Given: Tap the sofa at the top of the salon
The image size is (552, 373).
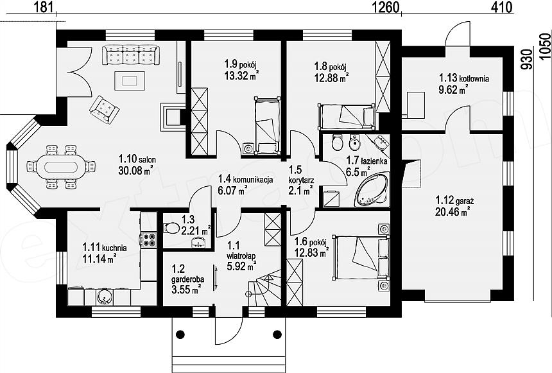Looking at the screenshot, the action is pyautogui.click(x=131, y=55).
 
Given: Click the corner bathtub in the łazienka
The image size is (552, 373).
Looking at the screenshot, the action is pyautogui.click(x=373, y=189).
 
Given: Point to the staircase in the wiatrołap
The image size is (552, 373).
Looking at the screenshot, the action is pyautogui.click(x=264, y=288).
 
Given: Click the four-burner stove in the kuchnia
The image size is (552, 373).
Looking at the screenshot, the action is pyautogui.click(x=148, y=239).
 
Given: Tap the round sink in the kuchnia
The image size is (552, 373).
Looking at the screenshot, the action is pyautogui.click(x=103, y=297).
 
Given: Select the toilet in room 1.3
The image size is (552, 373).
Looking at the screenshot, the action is pyautogui.click(x=171, y=227).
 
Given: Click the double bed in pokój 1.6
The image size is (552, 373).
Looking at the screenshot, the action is pyautogui.click(x=361, y=257).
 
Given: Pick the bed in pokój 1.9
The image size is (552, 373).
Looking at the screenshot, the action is pyautogui.click(x=268, y=125).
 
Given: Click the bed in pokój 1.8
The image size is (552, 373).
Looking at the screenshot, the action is pyautogui.click(x=347, y=116).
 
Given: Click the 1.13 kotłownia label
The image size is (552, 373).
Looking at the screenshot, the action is pyautogui.click(x=463, y=78).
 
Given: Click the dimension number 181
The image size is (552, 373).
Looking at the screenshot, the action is pyautogui.click(x=42, y=6).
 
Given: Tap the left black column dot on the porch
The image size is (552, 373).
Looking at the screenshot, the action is pyautogui.click(x=180, y=334).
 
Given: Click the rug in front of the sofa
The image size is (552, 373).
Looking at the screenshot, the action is pyautogui.click(x=130, y=81).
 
